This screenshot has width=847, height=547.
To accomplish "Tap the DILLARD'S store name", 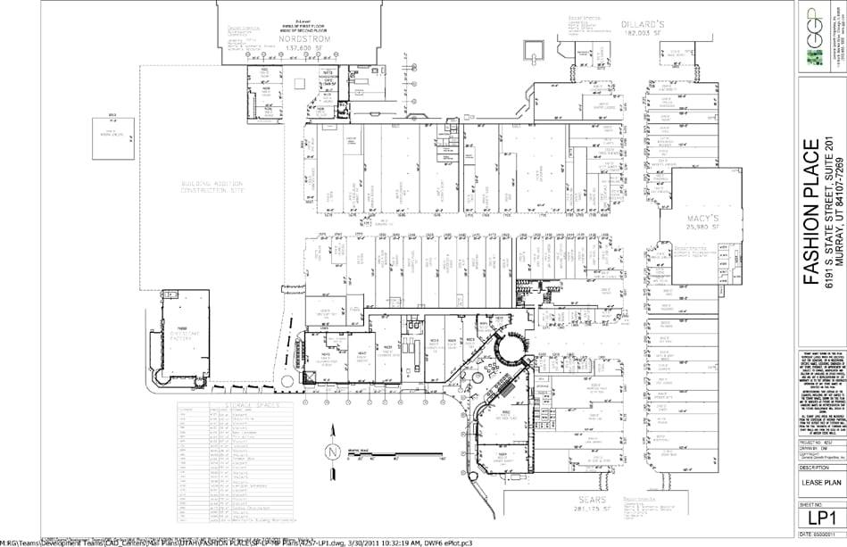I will coord(636,24).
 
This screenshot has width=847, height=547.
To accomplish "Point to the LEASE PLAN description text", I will coord(819,481).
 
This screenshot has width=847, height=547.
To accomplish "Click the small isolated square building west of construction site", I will coord(112,130).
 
